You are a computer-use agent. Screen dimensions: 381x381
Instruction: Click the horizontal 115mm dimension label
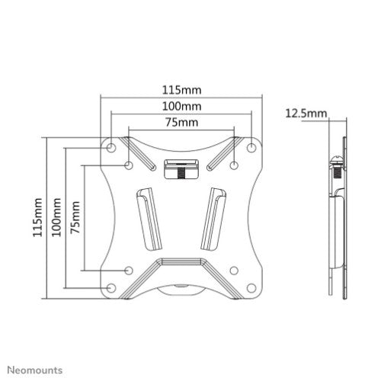181,90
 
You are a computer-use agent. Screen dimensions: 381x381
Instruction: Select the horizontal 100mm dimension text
181,106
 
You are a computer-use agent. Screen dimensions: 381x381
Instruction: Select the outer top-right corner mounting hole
251,146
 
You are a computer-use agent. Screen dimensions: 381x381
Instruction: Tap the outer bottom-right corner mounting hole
251,287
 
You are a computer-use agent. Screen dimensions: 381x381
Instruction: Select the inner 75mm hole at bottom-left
129,269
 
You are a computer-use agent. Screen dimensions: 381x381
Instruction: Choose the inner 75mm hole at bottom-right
235,269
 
